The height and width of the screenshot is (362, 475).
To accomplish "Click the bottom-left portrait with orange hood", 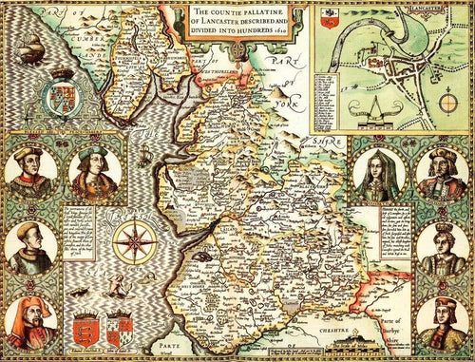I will click(x=28, y=323).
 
